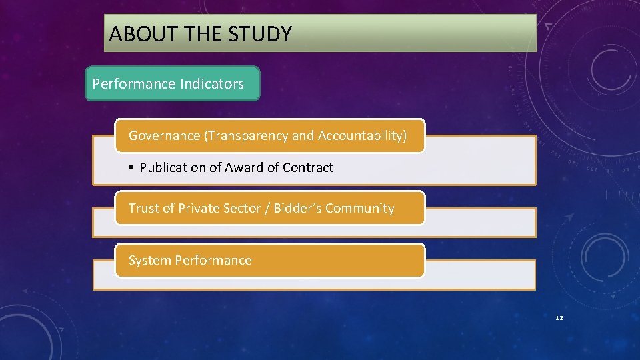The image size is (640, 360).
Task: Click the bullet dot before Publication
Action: pos(133,168)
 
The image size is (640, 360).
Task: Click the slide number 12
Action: pos(559,318)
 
